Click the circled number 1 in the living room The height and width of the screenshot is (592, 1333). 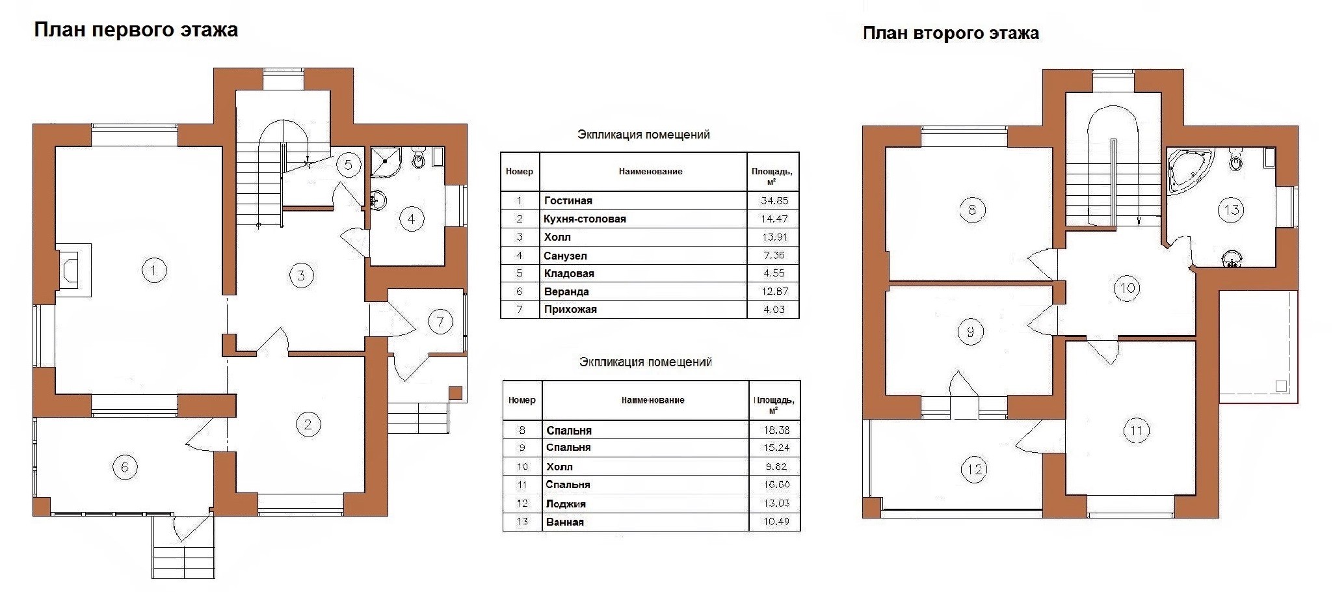click(x=153, y=270)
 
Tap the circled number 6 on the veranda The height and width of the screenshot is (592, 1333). click(x=125, y=467)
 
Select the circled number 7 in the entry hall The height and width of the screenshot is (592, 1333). click(x=440, y=321)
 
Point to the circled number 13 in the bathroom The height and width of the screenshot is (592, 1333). click(x=1231, y=209)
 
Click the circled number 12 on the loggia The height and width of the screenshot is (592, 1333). click(x=975, y=469)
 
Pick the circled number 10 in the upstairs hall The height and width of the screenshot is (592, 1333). click(x=1127, y=288)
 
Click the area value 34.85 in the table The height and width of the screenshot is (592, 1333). click(x=774, y=201)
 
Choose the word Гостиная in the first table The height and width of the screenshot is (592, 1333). click(x=568, y=201)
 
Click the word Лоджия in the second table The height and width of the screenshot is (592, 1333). click(x=566, y=504)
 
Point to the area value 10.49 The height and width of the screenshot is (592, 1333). click(x=776, y=522)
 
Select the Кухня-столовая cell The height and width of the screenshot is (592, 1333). click(x=585, y=219)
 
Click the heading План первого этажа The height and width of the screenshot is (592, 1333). click(x=136, y=31)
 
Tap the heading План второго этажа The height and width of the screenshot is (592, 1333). click(x=951, y=34)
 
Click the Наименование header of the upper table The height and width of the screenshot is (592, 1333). click(x=650, y=172)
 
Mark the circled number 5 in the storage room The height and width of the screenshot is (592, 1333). click(x=349, y=165)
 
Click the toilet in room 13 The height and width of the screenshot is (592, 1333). click(x=1236, y=159)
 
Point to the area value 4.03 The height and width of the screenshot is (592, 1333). click(x=774, y=310)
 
